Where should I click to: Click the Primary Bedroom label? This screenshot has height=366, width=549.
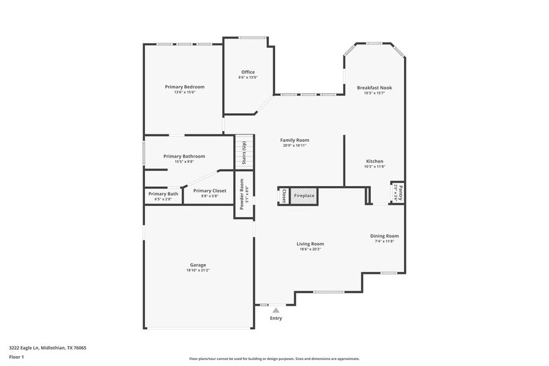(x=184, y=87)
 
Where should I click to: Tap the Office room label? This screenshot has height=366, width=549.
(x=248, y=72)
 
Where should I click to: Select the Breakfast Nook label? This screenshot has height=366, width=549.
(x=374, y=88)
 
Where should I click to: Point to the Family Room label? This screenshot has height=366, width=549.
(x=294, y=140)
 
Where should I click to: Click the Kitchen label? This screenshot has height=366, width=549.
(x=374, y=161)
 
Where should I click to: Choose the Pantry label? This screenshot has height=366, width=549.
(x=400, y=192)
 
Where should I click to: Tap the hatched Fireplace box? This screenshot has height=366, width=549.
(x=304, y=195)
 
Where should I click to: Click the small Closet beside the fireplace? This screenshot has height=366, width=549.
(x=284, y=195)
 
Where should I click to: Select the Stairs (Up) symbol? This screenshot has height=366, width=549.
(x=244, y=152)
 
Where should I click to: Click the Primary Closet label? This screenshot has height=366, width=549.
(x=209, y=190)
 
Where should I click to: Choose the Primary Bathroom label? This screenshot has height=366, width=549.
(x=184, y=156)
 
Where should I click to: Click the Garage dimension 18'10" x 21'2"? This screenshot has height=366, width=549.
(x=198, y=270)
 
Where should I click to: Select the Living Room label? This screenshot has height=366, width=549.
(x=310, y=244)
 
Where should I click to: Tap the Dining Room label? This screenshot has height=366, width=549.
(x=384, y=236)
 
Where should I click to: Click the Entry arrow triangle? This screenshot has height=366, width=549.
(x=276, y=309)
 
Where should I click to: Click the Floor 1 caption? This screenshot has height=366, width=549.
(x=16, y=357)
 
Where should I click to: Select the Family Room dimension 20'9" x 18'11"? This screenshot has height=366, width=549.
(x=294, y=146)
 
